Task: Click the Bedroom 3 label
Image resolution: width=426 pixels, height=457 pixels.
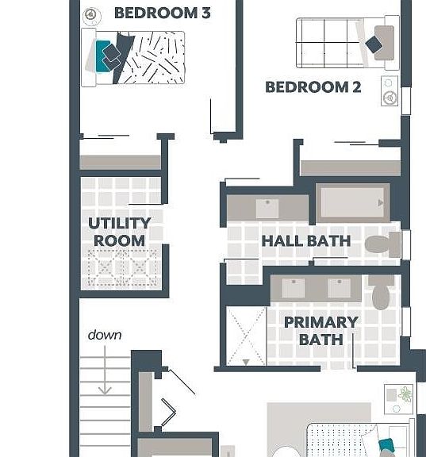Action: click(x=163, y=13)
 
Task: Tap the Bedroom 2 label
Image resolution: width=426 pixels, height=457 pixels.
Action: click(x=313, y=87)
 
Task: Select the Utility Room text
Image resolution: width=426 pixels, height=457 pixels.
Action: click(x=120, y=232)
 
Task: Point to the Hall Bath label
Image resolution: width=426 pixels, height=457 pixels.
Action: click(x=306, y=241)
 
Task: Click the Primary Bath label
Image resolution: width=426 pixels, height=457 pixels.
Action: click(x=321, y=331)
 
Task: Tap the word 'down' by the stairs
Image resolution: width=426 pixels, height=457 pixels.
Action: click(x=105, y=335)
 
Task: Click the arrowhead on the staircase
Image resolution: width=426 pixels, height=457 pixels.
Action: click(x=105, y=390)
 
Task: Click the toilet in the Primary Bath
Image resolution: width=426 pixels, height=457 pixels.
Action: click(x=381, y=292)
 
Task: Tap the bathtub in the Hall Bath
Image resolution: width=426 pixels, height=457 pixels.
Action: click(x=353, y=203)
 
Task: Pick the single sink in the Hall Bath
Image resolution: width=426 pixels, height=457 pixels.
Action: click(x=267, y=209)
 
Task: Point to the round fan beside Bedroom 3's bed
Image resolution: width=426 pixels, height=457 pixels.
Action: click(x=92, y=15)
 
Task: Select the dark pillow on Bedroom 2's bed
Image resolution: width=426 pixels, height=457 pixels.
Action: click(x=374, y=44)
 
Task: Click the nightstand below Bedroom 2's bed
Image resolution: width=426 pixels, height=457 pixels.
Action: click(x=390, y=90)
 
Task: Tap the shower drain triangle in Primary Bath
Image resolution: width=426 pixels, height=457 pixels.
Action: click(x=246, y=363)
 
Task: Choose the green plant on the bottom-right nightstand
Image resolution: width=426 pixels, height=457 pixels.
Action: click(x=405, y=394)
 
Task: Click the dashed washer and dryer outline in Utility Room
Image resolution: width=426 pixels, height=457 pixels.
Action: click(x=124, y=268)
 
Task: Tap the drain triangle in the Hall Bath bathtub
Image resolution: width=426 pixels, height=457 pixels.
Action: click(x=381, y=202)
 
